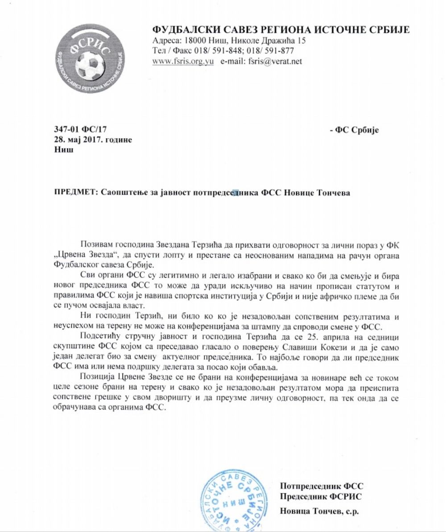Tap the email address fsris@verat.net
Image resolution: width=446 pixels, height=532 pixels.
274,62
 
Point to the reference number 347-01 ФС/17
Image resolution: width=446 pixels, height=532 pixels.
80,130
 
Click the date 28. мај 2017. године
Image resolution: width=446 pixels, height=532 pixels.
93,140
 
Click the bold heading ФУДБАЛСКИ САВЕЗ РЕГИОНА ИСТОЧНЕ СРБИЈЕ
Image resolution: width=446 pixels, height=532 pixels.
281,30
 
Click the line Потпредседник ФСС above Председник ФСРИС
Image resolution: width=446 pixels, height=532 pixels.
318,486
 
